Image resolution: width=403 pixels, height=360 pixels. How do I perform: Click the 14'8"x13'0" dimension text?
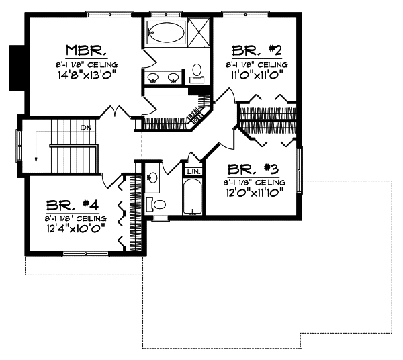(87, 75)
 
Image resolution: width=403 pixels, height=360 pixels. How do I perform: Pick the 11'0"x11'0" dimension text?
(257, 75)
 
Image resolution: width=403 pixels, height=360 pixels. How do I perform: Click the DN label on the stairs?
(85, 127)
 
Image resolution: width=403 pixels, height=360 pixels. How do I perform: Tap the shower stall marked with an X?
(199, 31)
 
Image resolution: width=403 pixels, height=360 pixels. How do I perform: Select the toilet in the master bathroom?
(197, 71)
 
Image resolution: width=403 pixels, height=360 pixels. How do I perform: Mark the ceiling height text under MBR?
(87, 64)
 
